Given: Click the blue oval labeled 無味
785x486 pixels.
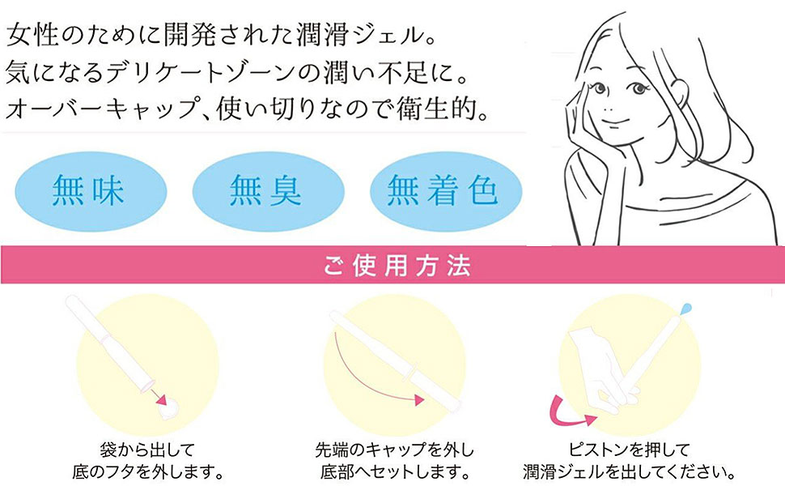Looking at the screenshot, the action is (91, 190).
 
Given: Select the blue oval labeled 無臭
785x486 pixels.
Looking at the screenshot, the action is (266, 190).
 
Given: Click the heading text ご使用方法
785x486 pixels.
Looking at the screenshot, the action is (392, 266).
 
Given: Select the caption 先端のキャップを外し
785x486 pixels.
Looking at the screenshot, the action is (393, 450).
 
